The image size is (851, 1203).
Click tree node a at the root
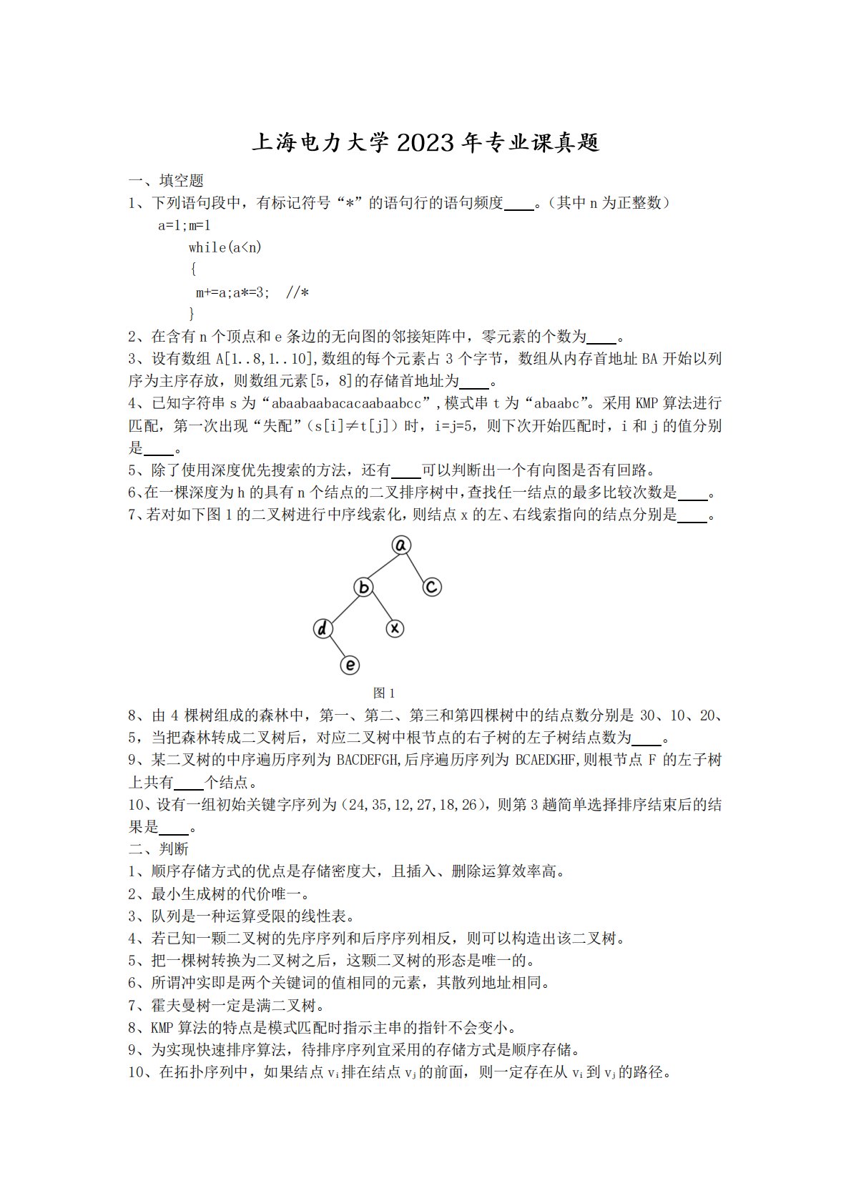click(401, 545)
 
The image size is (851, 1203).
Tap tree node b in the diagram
click(363, 588)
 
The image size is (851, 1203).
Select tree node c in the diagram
click(431, 587)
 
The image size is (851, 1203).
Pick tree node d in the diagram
click(323, 628)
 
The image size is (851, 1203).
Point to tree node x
click(395, 628)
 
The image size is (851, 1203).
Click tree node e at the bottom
click(349, 665)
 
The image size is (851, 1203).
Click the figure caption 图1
click(384, 693)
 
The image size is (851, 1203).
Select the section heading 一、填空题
click(166, 181)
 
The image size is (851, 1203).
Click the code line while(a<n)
click(225, 247)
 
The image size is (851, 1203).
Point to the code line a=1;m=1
click(185, 225)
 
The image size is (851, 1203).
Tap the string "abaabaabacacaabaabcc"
click(346, 403)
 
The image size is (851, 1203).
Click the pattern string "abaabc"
click(551, 403)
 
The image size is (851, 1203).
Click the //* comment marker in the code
click(297, 292)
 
